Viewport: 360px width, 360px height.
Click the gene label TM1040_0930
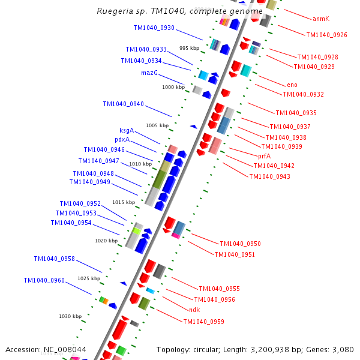click(154, 28)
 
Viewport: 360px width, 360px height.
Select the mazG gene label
click(149, 73)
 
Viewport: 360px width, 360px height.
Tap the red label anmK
click(321, 19)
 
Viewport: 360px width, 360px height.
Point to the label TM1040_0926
click(326, 35)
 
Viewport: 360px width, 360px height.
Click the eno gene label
click(292, 85)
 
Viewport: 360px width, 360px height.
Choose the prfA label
click(264, 156)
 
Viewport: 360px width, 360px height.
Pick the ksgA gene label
click(126, 131)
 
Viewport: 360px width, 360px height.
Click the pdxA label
click(122, 140)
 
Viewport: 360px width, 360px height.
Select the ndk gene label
click(194, 310)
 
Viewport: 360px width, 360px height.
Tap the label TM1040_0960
click(44, 281)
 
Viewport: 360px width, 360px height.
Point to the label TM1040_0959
click(203, 322)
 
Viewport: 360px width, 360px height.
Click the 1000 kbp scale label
click(173, 88)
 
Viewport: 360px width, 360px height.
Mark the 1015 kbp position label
click(124, 203)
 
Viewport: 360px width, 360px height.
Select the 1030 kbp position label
click(70, 316)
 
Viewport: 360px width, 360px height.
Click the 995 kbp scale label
click(189, 49)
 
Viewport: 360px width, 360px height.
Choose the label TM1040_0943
click(269, 176)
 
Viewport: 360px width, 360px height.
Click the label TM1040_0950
click(240, 244)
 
